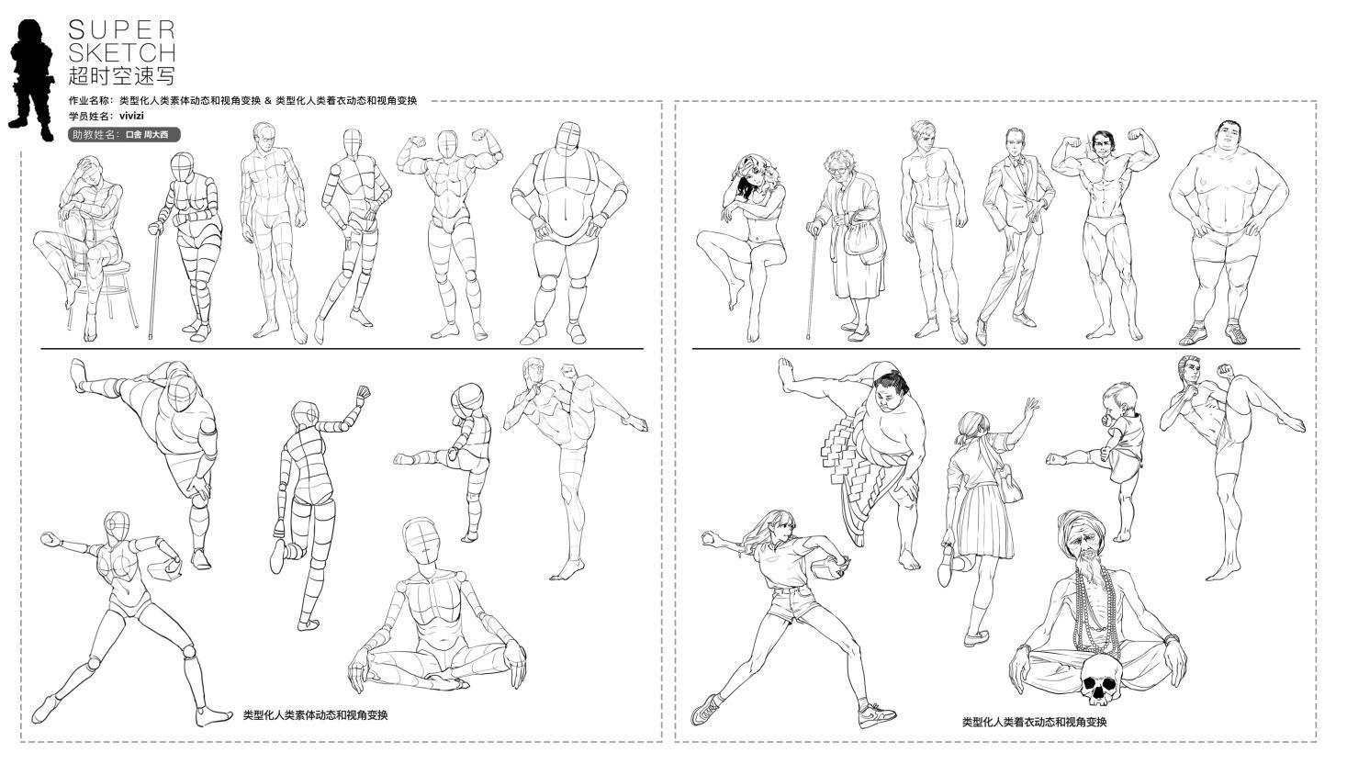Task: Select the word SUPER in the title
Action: pos(121,29)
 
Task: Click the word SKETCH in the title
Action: pos(121,53)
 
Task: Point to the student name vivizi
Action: pos(131,116)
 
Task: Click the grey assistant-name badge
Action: pos(124,135)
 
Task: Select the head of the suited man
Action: pos(1015,142)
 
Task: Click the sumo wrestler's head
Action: pos(891,391)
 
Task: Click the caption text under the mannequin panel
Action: pos(315,715)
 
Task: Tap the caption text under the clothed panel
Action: pos(1034,722)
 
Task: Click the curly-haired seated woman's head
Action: pos(750,173)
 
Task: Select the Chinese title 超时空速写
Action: pos(121,76)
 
